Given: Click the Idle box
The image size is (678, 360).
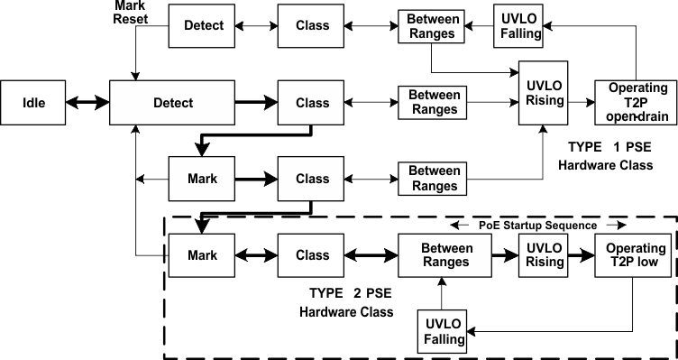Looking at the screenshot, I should pyautogui.click(x=33, y=103).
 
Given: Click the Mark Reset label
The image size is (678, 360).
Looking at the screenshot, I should pyautogui.click(x=132, y=13).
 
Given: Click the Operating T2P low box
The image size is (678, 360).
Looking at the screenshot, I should pyautogui.click(x=637, y=255).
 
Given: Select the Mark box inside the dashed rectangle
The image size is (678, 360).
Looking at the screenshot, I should pyautogui.click(x=203, y=255).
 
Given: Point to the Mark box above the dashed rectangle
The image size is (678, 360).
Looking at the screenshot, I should pyautogui.click(x=203, y=179).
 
